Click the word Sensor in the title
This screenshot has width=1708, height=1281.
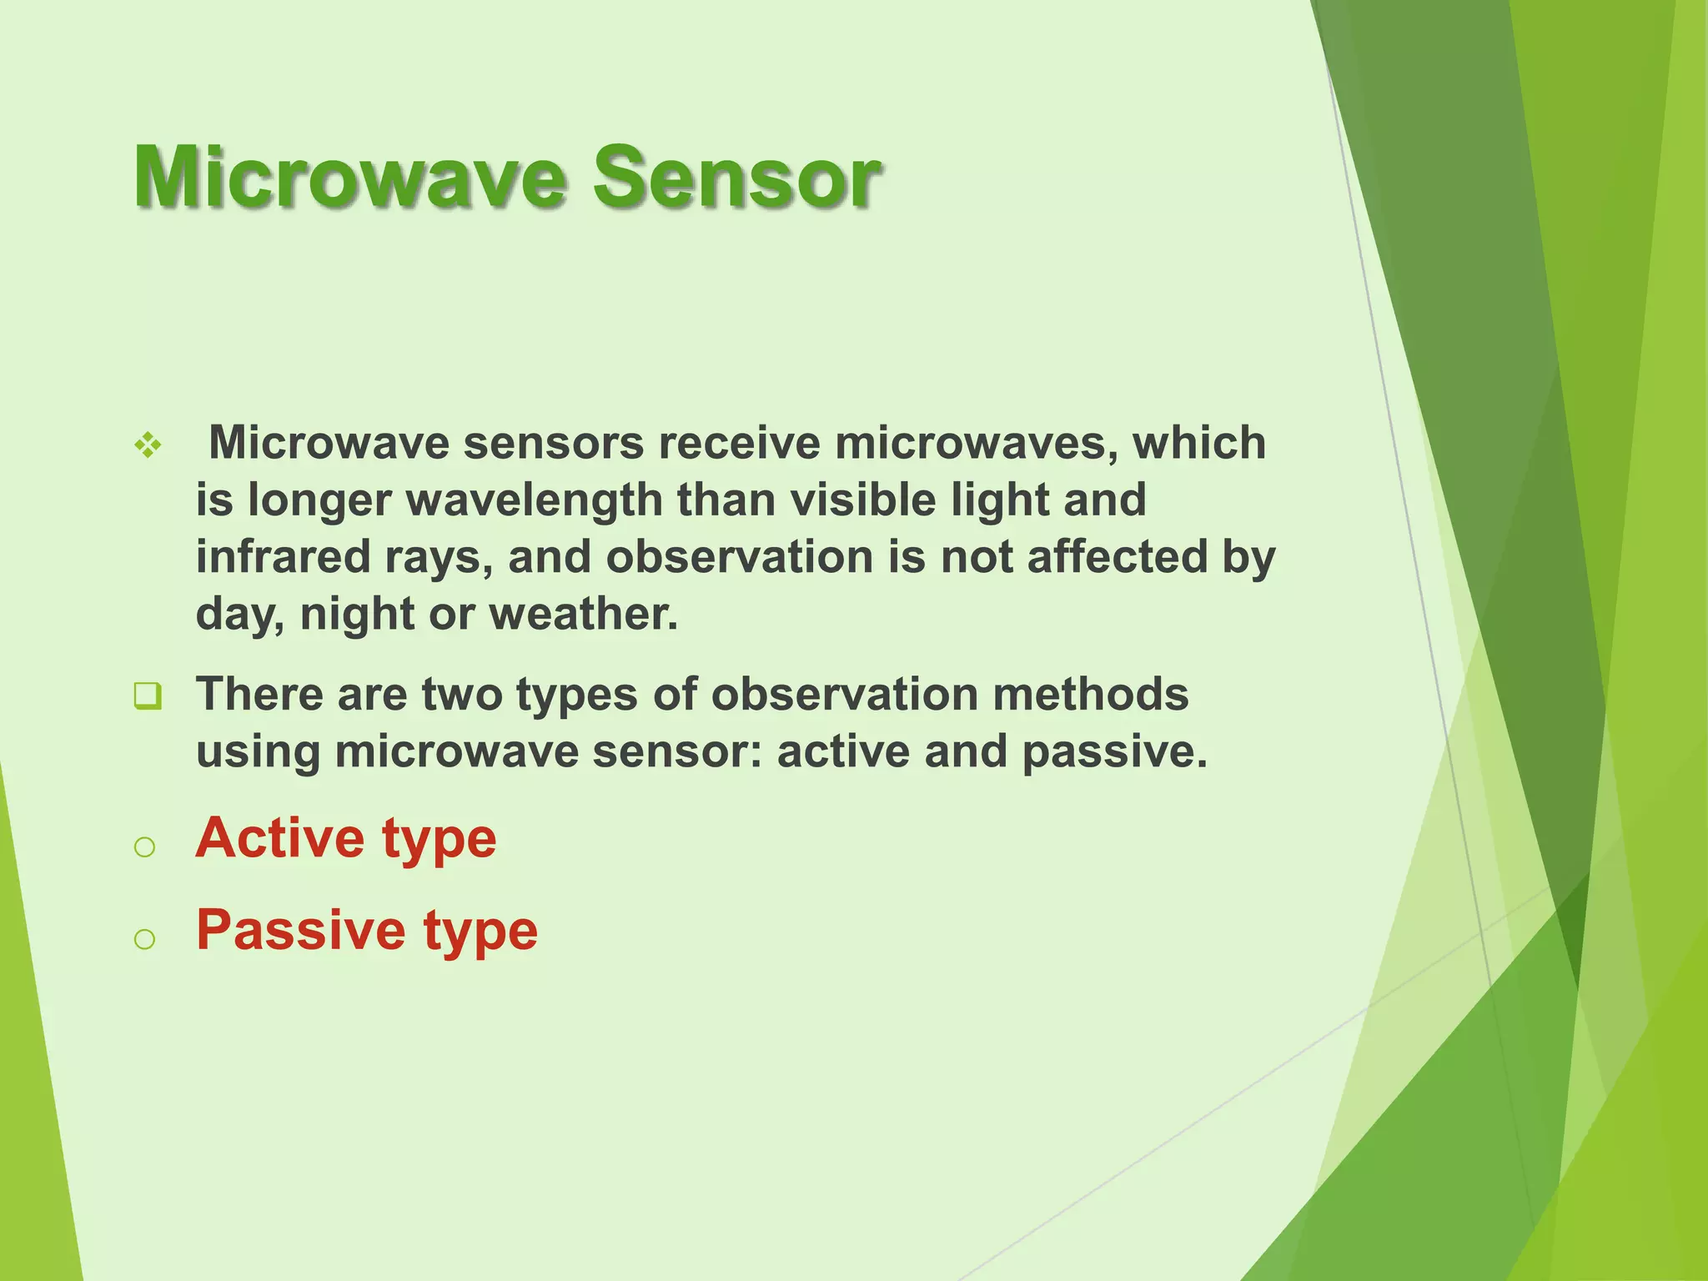click(x=736, y=177)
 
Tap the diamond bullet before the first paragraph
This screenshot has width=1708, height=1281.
click(x=148, y=445)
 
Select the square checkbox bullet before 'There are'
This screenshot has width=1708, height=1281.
click(x=148, y=695)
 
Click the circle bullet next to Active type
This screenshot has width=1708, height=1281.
click(x=144, y=847)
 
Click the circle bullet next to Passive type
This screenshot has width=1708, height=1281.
click(x=144, y=939)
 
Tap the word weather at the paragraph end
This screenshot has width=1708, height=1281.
click(x=583, y=614)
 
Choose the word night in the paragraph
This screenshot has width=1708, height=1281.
click(x=357, y=615)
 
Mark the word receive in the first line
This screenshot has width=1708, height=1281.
click(x=739, y=443)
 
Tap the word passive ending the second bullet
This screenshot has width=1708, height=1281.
click(x=1113, y=751)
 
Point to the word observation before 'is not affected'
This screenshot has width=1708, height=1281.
click(x=739, y=556)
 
